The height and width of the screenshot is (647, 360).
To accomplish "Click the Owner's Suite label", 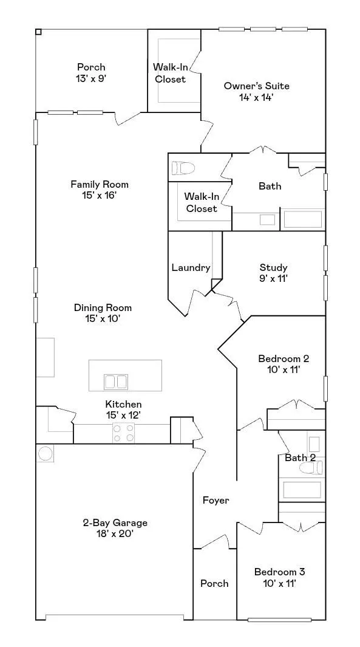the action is [256, 92].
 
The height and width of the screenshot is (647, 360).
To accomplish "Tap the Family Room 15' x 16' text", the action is [100, 190].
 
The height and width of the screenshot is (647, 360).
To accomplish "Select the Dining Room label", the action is [103, 313].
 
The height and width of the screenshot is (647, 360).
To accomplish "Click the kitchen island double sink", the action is [115, 382].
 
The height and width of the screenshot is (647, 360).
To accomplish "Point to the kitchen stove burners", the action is [124, 433].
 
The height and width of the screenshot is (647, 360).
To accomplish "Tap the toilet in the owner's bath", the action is [183, 168].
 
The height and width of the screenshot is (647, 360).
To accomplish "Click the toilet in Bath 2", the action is [311, 468].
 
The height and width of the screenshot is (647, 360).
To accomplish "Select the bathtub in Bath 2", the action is [302, 490].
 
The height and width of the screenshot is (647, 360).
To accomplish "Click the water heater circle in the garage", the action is [44, 453].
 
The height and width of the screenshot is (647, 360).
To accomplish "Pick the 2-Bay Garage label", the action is [115, 528].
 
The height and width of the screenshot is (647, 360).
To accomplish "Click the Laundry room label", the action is [191, 267].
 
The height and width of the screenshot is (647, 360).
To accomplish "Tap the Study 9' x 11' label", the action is [273, 273].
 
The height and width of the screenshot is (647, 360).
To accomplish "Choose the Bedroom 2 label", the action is [284, 363].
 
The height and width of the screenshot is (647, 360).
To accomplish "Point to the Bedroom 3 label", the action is [280, 577].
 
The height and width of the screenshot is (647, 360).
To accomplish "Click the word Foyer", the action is [216, 501].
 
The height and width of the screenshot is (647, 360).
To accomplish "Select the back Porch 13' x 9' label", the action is [91, 72].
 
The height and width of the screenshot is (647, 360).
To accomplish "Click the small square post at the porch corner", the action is [38, 32].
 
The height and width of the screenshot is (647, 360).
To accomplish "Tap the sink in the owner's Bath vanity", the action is [267, 220].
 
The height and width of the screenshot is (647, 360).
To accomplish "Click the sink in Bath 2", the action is [314, 444].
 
